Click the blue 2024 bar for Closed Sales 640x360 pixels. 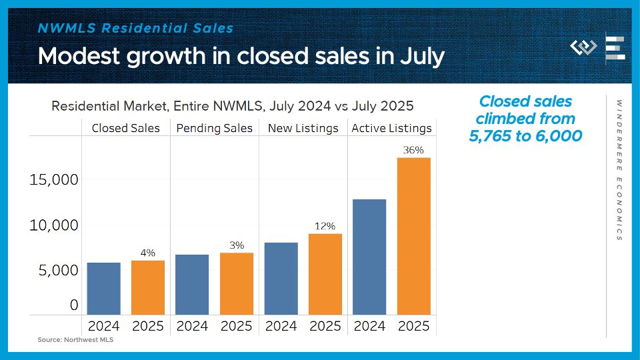pyautogui.click(x=103, y=288)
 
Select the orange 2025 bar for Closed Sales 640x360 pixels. pyautogui.click(x=147, y=287)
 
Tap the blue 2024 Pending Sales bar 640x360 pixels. pyautogui.click(x=192, y=284)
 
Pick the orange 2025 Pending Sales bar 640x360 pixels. pyautogui.click(x=236, y=283)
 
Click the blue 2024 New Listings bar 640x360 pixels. pyautogui.click(x=281, y=278)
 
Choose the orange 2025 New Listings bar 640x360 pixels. pyautogui.click(x=325, y=274)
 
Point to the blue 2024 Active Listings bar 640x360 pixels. pyautogui.click(x=369, y=257)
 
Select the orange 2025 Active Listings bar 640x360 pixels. pyautogui.click(x=413, y=236)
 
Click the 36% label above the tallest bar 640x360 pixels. pyautogui.click(x=413, y=150)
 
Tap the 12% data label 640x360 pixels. pyautogui.click(x=325, y=226)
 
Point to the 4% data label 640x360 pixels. pyautogui.click(x=147, y=253)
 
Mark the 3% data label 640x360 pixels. pyautogui.click(x=236, y=245)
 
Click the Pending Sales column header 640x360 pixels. pyautogui.click(x=215, y=128)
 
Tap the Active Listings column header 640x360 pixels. pyautogui.click(x=391, y=128)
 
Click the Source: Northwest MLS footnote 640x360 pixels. pyautogui.click(x=71, y=340)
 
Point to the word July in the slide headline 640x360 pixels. pyautogui.click(x=420, y=56)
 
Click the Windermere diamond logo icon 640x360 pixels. pyautogui.click(x=584, y=48)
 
